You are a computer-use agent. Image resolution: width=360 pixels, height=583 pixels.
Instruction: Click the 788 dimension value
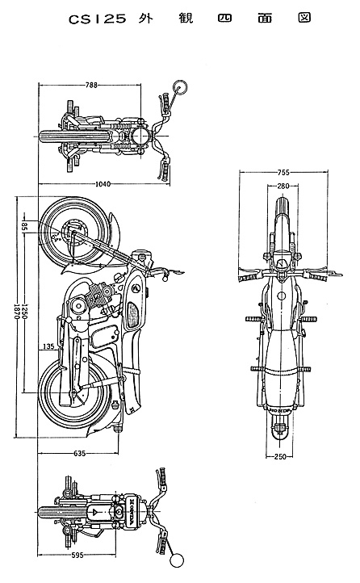point(91,85)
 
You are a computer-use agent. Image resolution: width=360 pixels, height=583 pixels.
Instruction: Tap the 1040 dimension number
point(103,183)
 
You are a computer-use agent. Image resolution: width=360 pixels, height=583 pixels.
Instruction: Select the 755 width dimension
point(283,173)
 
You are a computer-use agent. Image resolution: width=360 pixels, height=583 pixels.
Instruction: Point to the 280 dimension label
point(283,187)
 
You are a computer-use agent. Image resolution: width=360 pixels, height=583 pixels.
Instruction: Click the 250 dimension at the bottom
point(280,456)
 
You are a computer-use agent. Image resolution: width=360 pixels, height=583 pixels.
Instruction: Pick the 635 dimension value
point(79,453)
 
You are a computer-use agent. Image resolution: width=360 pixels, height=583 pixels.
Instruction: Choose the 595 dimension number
point(77,556)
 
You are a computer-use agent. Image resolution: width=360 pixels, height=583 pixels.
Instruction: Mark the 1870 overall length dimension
point(16,312)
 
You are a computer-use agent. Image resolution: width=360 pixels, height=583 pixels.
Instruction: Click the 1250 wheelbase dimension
point(24,312)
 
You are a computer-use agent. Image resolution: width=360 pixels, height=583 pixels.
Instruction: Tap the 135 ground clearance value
point(48,346)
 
